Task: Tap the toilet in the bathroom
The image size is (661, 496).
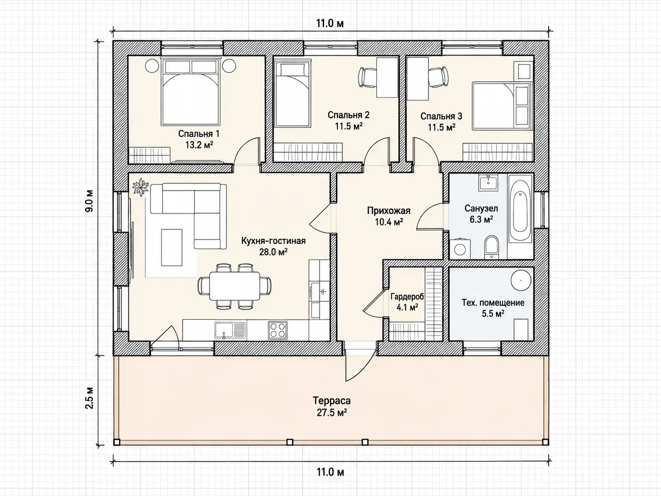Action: pos(492,247)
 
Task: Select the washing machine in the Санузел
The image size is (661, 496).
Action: pos(460,249)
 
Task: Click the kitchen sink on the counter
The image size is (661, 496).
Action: pos(231,330)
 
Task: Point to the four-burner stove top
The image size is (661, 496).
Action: pos(278,330)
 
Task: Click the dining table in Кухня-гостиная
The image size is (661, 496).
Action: pos(235,286)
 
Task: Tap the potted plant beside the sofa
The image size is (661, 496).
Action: pos(141,187)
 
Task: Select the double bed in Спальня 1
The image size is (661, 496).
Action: pos(190,91)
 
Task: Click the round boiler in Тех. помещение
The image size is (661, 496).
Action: pos(521,280)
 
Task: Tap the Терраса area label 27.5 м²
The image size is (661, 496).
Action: pos(331,412)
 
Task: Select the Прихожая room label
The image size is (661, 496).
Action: pos(388,211)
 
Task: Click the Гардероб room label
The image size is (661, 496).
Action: pos(407,296)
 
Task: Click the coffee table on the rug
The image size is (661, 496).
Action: pos(172,247)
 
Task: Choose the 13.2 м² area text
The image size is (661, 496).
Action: pos(199,145)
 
